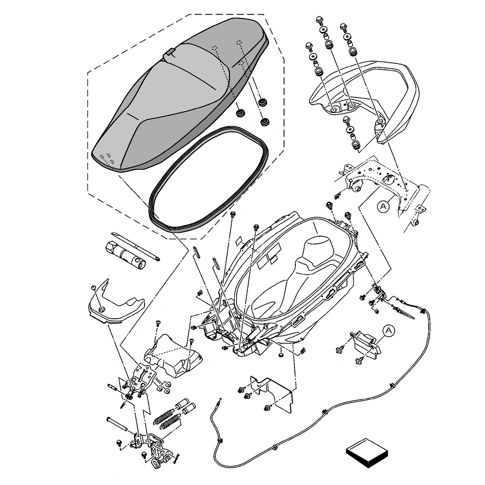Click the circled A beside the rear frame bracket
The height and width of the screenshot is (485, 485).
pos(383,207)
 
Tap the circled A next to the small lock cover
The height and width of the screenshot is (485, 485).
pos(388,331)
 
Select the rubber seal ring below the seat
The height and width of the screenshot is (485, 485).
pos(209,179)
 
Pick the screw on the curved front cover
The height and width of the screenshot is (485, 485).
pos(94,289)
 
